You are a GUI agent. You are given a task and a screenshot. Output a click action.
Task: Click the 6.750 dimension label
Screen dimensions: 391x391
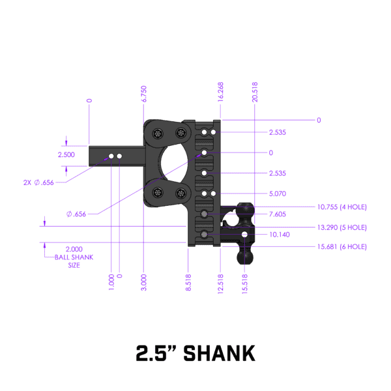point(144,94)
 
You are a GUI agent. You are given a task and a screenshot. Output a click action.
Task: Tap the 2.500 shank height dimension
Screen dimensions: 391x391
point(66,155)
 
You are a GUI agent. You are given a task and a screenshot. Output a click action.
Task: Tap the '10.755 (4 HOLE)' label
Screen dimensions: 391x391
point(341,207)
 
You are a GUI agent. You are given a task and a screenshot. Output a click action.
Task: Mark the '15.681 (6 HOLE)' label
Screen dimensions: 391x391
point(341,247)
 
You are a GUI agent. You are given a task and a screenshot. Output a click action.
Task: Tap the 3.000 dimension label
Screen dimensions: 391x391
point(144,282)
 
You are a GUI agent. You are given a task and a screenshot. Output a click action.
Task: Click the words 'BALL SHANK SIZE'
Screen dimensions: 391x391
point(74,261)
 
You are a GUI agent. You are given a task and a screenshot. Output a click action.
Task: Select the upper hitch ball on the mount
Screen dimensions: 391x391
point(246,209)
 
